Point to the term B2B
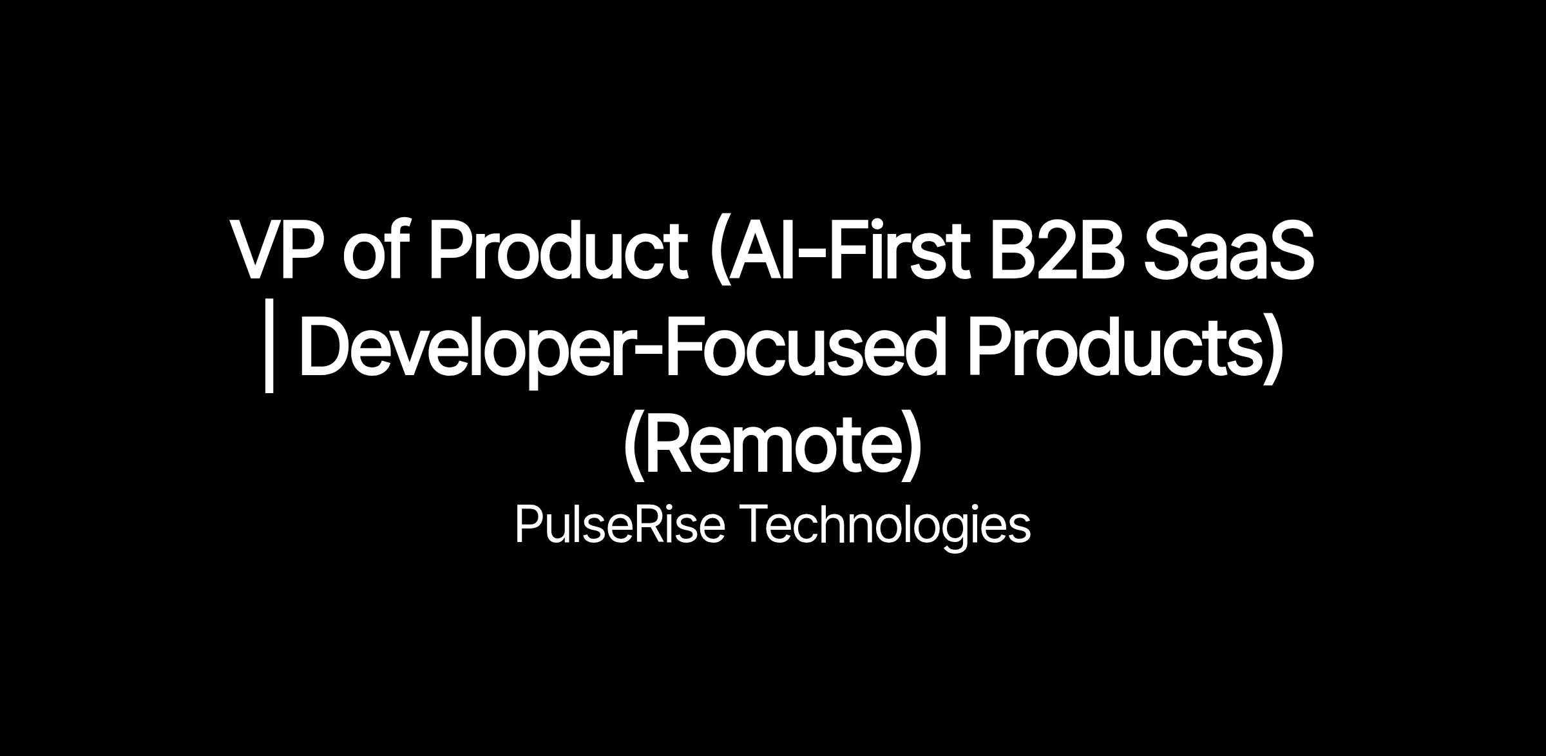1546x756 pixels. tap(1059, 249)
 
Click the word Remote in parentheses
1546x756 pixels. tap(772, 444)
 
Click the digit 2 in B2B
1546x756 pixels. tap(1059, 249)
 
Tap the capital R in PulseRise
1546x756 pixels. tap(645, 524)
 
